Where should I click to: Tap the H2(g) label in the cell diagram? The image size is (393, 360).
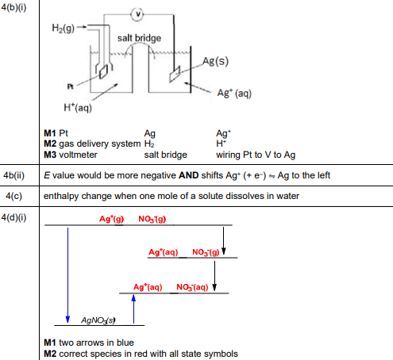66,29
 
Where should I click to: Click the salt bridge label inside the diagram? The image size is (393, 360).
139,38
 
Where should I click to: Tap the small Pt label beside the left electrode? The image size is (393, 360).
70,83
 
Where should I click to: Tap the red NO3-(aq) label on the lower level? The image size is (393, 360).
191,286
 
